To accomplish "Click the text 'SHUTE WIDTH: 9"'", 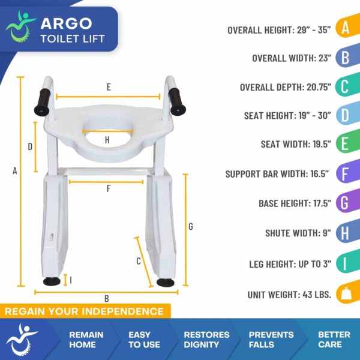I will coord(298,233).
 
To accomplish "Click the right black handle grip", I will coord(178,100).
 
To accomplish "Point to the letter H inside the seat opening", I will coord(107,140).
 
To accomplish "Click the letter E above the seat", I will coord(109,87).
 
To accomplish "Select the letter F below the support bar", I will coord(109,189).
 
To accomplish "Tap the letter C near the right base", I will coord(139,261).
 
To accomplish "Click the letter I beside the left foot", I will coord(71,280).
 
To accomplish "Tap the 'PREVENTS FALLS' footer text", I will coord(271,340).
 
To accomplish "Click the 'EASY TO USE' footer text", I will coord(144,340).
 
